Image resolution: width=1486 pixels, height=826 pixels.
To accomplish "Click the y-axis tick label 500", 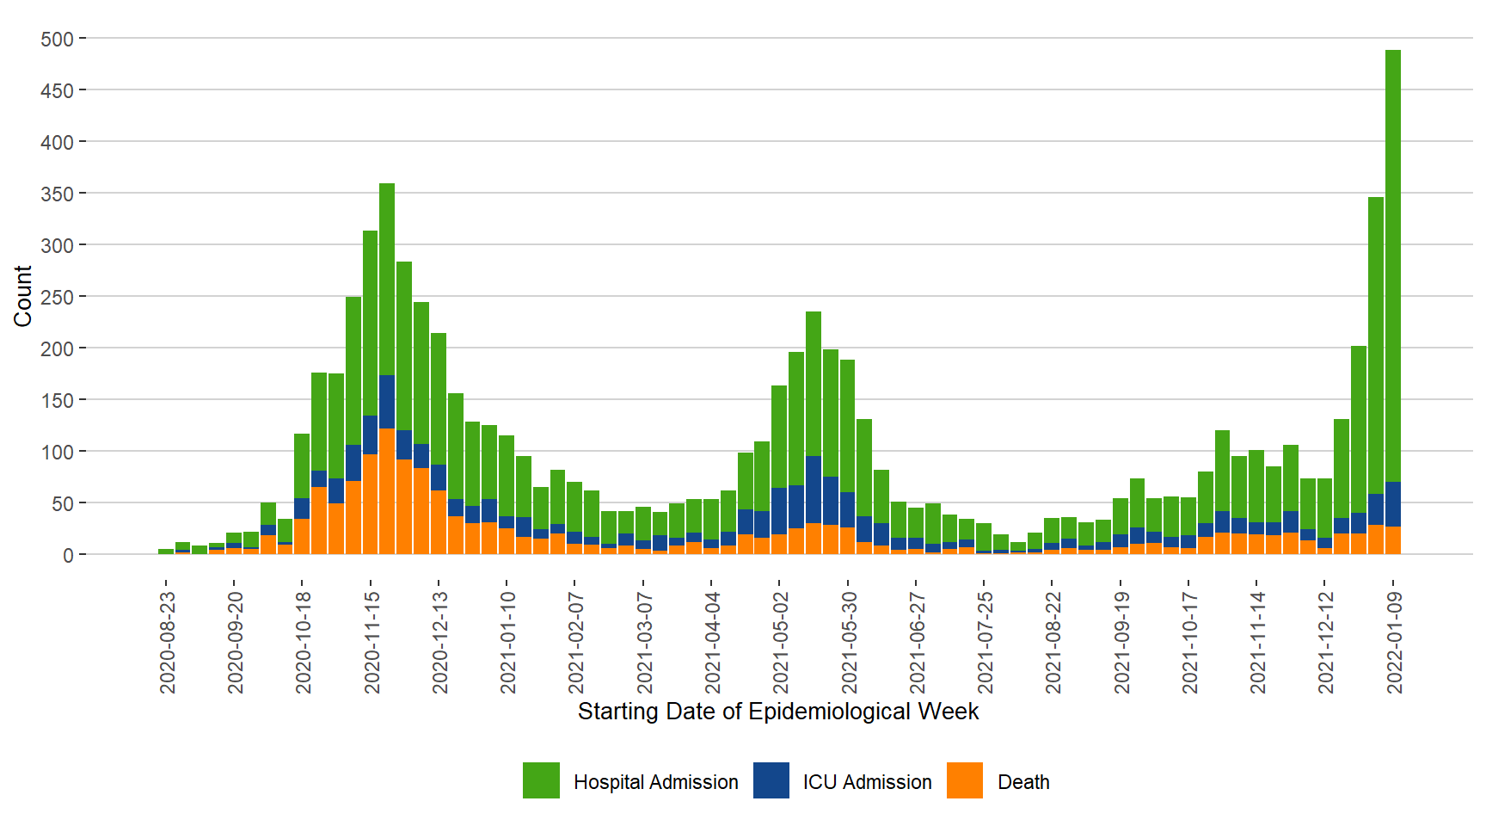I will [57, 39].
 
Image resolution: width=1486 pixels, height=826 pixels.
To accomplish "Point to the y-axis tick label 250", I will [57, 297].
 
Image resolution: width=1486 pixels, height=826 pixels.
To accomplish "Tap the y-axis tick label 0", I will [68, 555].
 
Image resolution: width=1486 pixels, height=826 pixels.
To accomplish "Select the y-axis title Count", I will [23, 296].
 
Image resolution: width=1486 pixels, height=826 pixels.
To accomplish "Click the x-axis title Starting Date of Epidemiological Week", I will [777, 712].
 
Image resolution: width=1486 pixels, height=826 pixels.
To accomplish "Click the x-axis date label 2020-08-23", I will [168, 642].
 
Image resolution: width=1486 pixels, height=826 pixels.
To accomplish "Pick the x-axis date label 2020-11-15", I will [371, 642].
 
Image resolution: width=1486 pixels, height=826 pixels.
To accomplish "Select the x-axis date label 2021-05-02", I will [781, 642].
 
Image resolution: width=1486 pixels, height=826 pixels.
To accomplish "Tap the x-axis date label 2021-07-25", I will [986, 642].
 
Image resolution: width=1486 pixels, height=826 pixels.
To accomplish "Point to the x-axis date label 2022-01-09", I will [1394, 642].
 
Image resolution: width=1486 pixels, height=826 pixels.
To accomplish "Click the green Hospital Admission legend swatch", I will [541, 780].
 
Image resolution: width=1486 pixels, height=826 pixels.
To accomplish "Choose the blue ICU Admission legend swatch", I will [771, 780].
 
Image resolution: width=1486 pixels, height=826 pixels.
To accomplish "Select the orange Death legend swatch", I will [965, 780].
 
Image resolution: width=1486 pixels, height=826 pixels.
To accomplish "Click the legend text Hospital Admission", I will [655, 782].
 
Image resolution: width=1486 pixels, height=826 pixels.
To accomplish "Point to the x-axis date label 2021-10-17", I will [1190, 642].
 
